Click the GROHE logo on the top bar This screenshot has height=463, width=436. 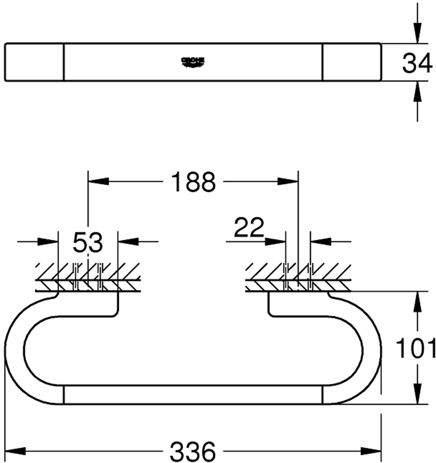193,62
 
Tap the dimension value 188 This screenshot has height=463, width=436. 193,182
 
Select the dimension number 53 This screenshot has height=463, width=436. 88,242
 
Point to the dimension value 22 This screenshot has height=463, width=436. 249,227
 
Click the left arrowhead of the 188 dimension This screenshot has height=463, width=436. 98,181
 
